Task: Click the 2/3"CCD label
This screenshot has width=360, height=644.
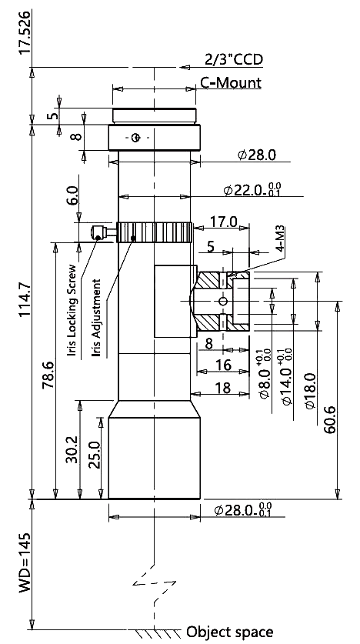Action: (x=234, y=60)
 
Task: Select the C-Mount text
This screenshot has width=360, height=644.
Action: (x=231, y=82)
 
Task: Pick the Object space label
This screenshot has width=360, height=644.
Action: (x=229, y=631)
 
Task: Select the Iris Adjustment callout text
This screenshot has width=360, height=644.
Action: (x=96, y=318)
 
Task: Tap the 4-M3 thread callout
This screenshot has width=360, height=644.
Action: (x=281, y=238)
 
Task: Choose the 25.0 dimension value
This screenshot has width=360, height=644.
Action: (x=94, y=455)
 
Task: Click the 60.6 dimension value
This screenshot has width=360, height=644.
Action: (x=330, y=420)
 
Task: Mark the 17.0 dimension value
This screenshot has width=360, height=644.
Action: (x=224, y=222)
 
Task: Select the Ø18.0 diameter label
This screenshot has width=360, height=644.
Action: (x=310, y=391)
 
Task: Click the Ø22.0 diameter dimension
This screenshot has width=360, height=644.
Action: (x=252, y=190)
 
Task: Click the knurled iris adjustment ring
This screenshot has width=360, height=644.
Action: (x=155, y=232)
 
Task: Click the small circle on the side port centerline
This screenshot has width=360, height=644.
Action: (x=223, y=302)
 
